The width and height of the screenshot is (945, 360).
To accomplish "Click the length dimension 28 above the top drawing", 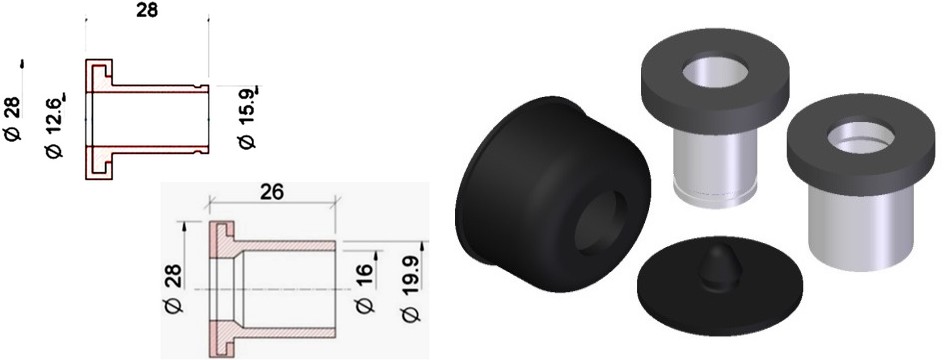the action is pyautogui.click(x=147, y=10).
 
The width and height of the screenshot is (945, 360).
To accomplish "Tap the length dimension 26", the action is pyautogui.click(x=272, y=192).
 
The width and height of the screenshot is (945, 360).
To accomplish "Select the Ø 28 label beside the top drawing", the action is pyautogui.click(x=14, y=119).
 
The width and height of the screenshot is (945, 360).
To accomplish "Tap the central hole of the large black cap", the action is pyautogui.click(x=596, y=223).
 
